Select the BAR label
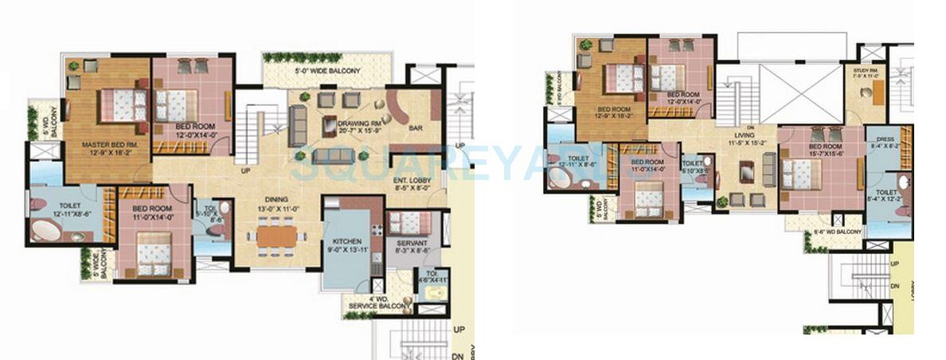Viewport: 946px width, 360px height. [x=415, y=127]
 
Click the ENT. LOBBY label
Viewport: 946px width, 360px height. [x=412, y=182]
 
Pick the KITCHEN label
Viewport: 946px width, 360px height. [x=348, y=241]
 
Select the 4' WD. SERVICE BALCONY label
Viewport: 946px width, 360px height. [x=378, y=303]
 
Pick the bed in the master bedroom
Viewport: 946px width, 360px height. [x=119, y=105]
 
